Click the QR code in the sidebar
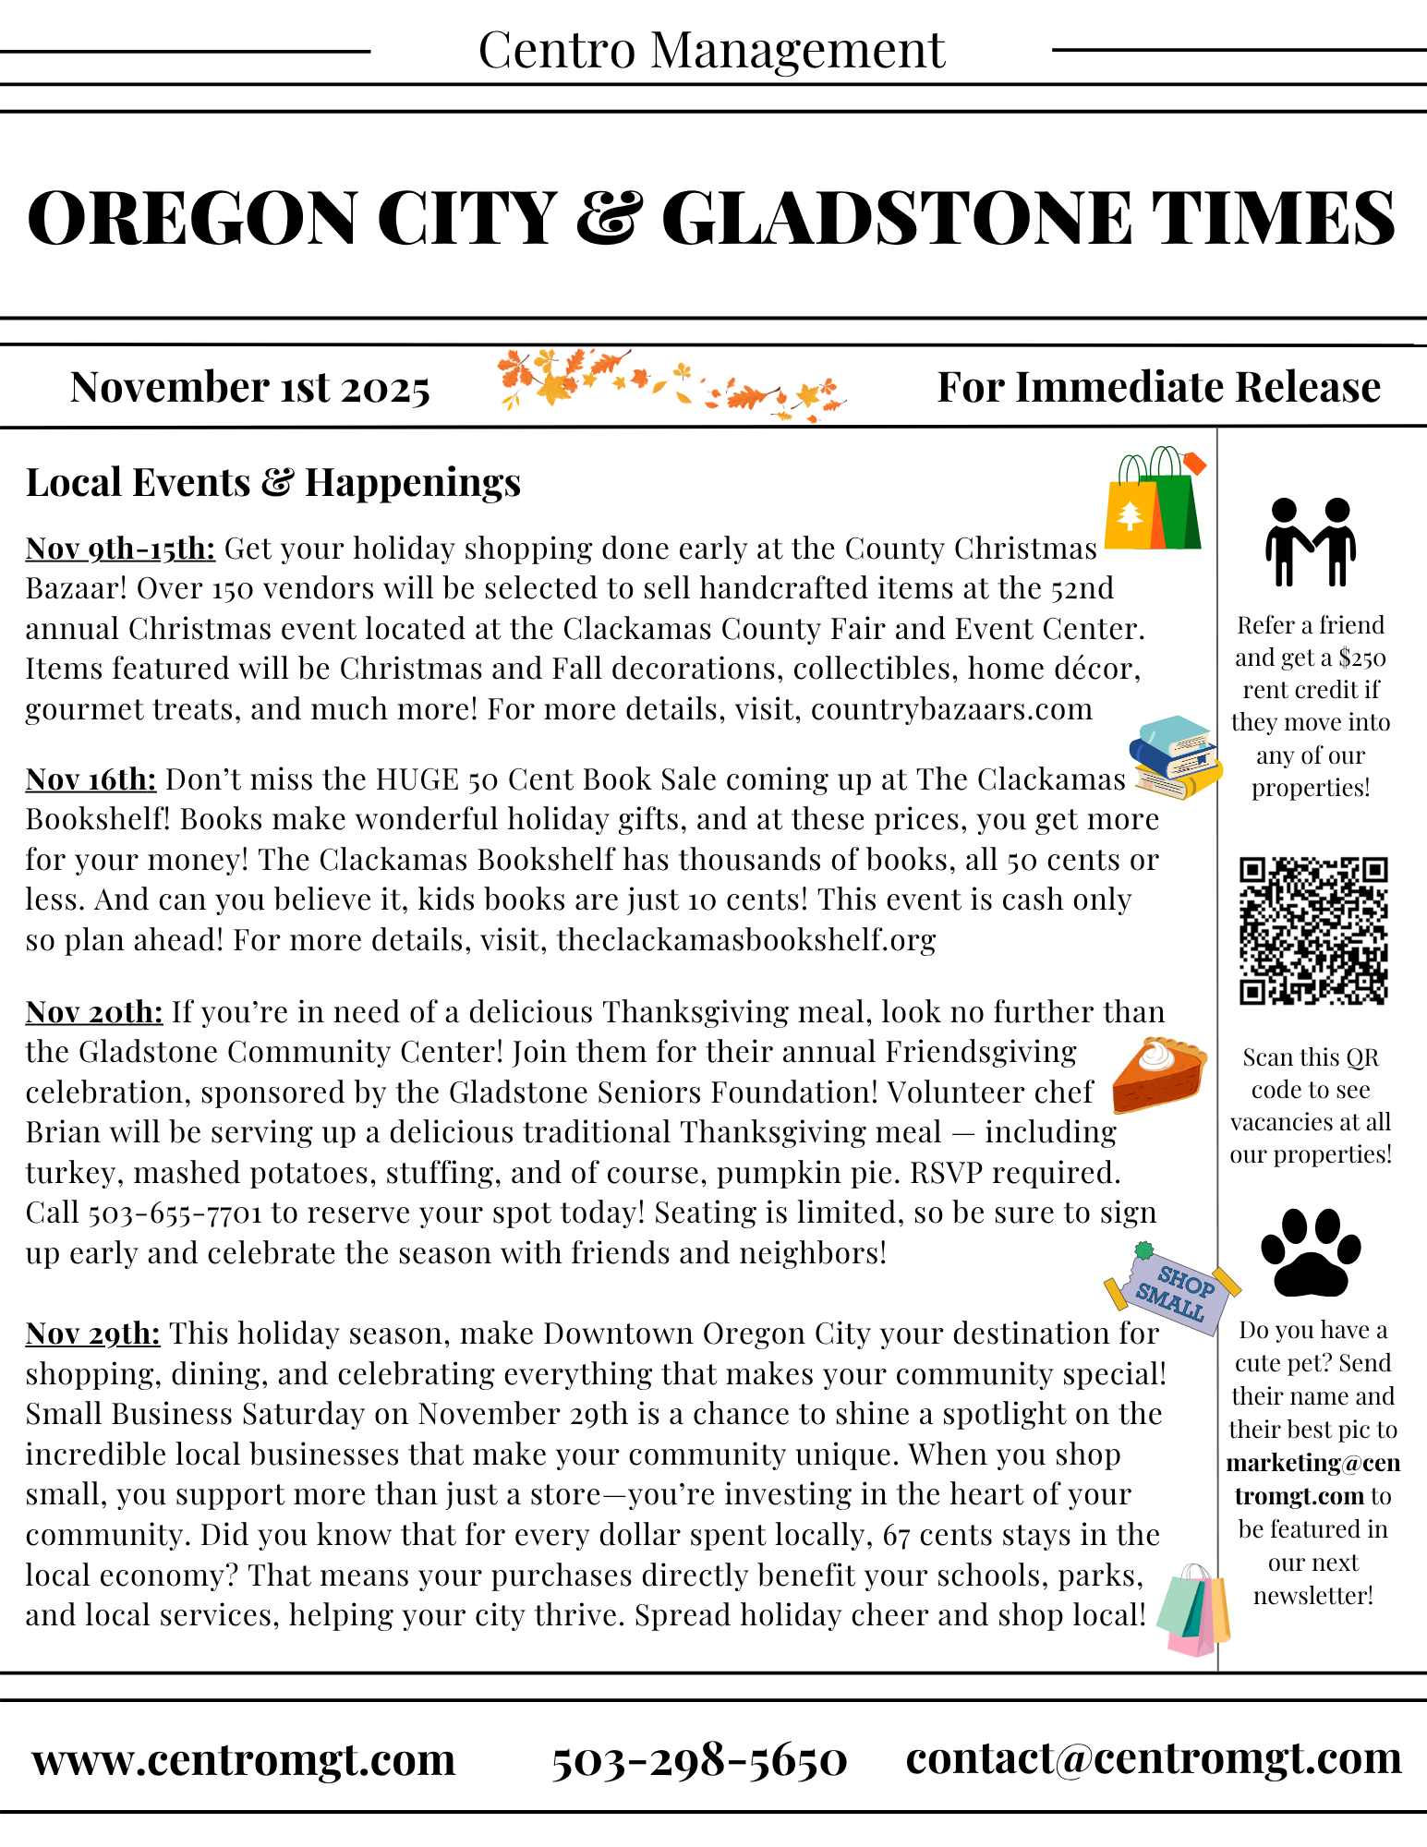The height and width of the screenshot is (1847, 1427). click(1312, 930)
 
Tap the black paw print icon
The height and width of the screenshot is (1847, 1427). click(1310, 1252)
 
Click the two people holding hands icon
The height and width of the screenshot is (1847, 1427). click(1310, 542)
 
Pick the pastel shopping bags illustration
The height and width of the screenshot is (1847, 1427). click(1193, 1610)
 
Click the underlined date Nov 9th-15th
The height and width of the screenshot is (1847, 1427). click(120, 549)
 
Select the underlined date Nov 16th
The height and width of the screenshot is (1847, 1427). click(91, 779)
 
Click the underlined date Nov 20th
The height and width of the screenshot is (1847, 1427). click(94, 1012)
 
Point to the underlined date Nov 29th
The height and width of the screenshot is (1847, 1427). click(92, 1334)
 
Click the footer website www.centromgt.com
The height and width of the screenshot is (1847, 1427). click(244, 1759)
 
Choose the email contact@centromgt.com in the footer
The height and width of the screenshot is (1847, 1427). click(1154, 1757)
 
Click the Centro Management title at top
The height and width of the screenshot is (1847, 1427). click(711, 50)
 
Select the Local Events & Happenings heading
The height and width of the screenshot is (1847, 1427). click(273, 482)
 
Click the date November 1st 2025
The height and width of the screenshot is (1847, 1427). click(249, 387)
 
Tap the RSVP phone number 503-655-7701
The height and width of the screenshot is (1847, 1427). click(175, 1213)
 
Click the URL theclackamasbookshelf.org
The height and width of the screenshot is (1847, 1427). click(746, 940)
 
